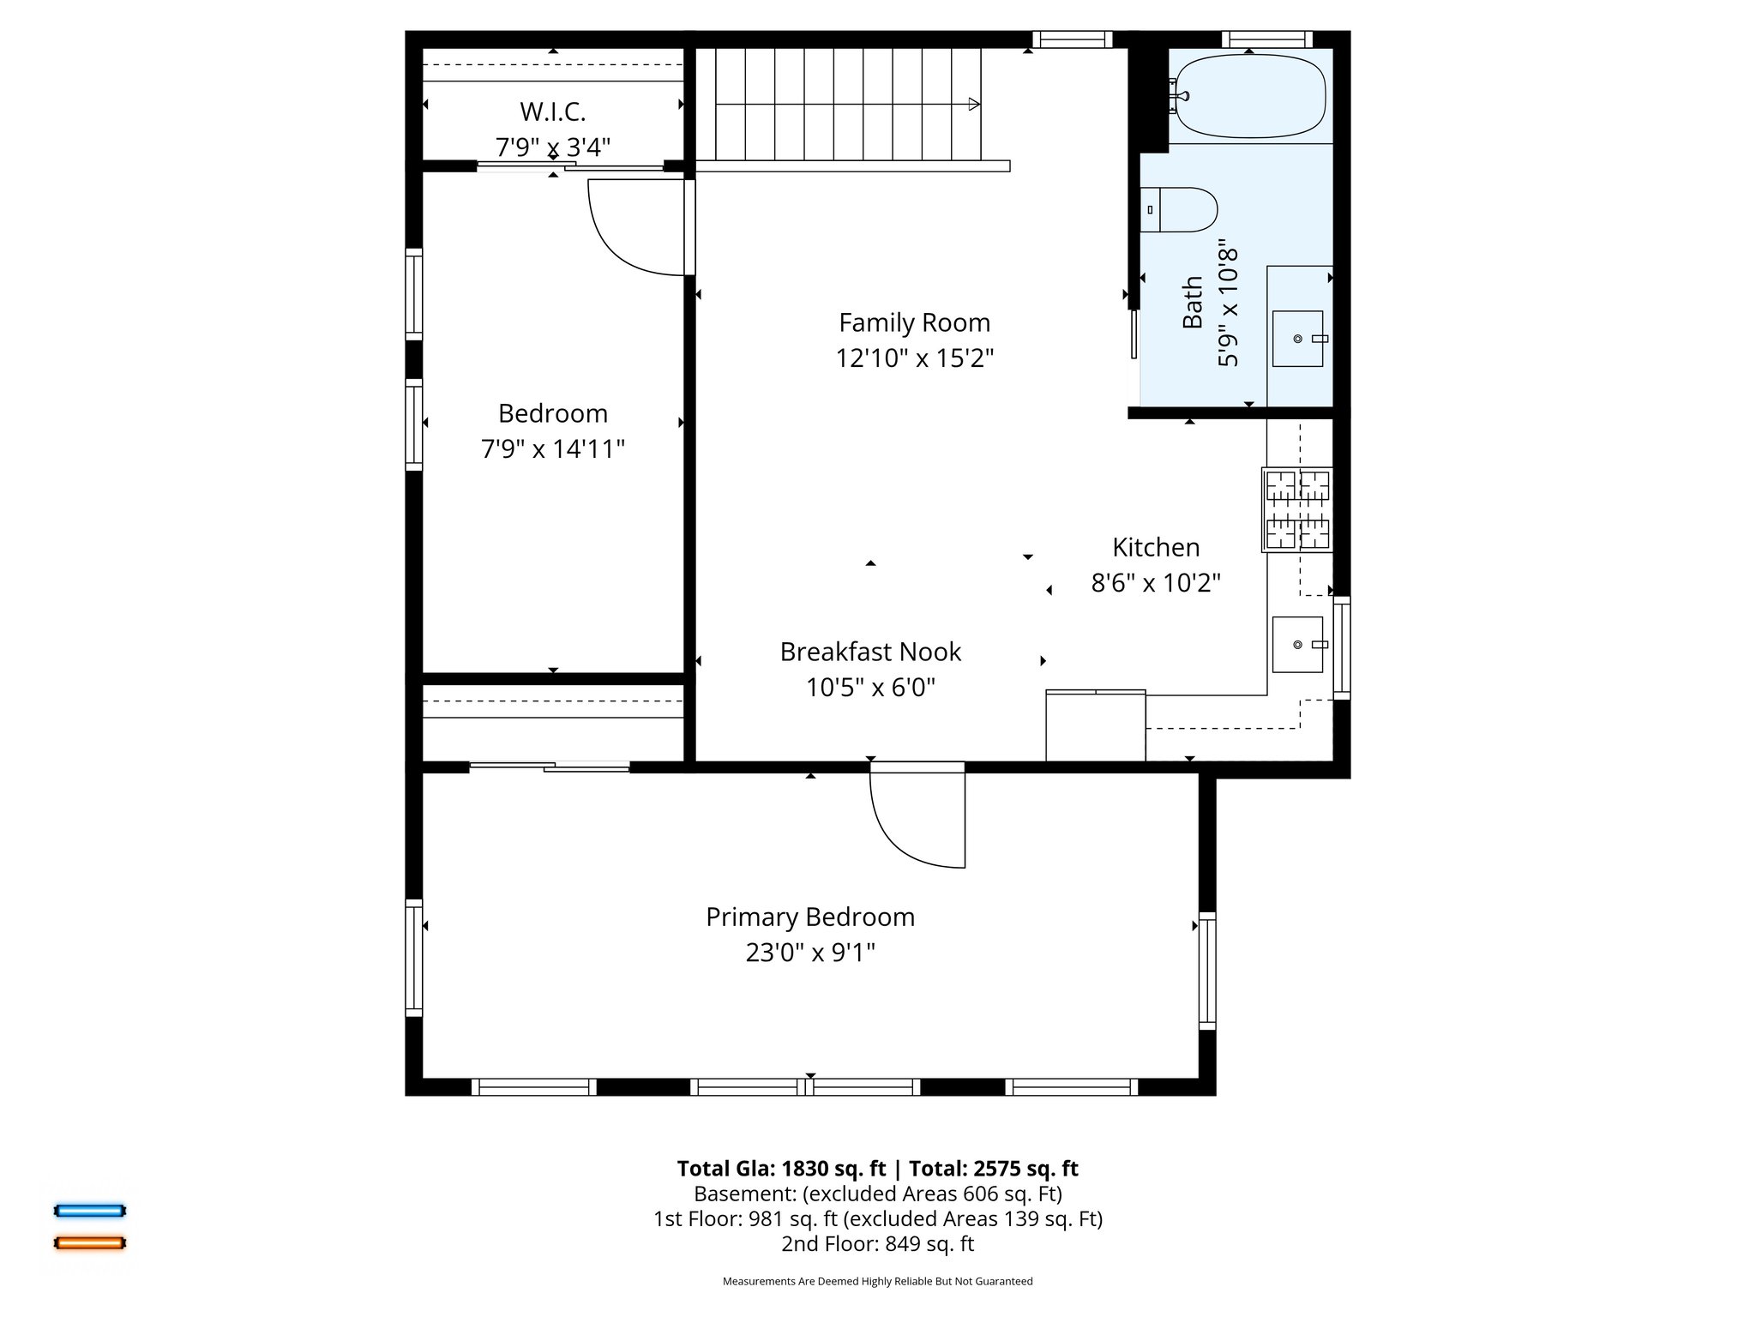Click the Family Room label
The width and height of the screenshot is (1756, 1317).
(x=914, y=323)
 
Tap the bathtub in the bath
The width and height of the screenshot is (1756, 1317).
(x=1248, y=95)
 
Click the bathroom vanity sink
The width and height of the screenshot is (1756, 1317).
(x=1297, y=339)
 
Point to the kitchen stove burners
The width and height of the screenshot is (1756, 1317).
(x=1297, y=509)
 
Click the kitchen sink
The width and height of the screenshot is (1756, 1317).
(x=1297, y=644)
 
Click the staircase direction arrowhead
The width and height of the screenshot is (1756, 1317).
(x=973, y=105)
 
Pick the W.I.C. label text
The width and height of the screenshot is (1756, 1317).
(x=552, y=112)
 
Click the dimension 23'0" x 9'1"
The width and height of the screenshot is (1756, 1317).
(x=809, y=953)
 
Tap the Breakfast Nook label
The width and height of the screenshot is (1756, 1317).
(x=869, y=652)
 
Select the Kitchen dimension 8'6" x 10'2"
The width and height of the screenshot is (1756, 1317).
(x=1155, y=583)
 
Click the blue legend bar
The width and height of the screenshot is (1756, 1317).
(x=90, y=1211)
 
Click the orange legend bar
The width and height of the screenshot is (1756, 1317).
(x=90, y=1242)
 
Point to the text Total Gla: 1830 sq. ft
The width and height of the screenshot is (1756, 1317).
(x=781, y=1169)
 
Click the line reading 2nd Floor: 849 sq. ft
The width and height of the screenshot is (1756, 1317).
(x=877, y=1243)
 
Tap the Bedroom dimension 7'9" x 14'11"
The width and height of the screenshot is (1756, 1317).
(x=552, y=449)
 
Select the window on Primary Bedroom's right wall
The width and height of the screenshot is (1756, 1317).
(x=1206, y=971)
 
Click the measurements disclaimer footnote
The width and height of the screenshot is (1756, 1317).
(x=877, y=1281)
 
